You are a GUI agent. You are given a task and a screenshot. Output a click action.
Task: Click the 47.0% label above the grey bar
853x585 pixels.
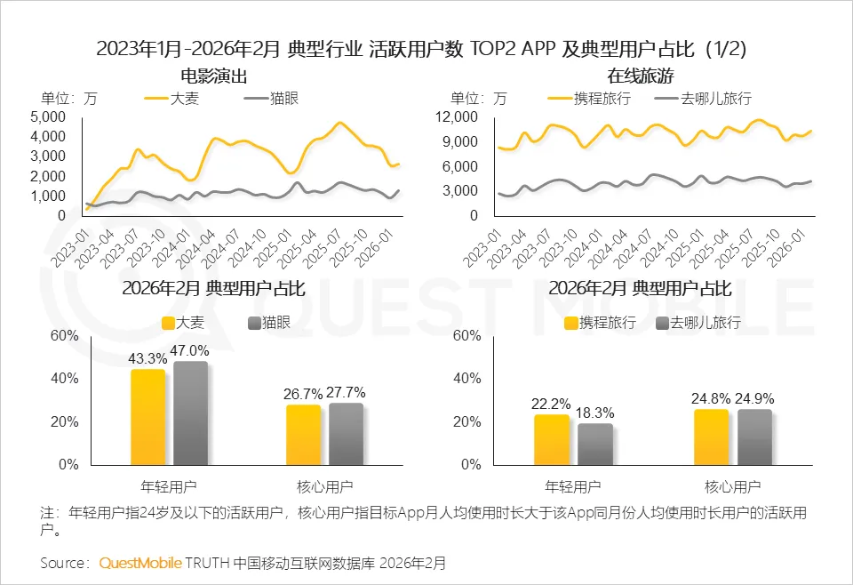[191, 350]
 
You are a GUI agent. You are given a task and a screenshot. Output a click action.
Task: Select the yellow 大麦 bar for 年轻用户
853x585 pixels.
[147, 416]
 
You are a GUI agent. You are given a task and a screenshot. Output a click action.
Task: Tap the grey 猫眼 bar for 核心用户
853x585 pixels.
[346, 433]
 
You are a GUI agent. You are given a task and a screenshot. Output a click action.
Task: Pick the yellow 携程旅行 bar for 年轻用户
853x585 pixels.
[552, 439]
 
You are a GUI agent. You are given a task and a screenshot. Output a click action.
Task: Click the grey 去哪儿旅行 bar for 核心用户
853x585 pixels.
[754, 436]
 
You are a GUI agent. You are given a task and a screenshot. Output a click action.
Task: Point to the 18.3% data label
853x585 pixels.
[595, 413]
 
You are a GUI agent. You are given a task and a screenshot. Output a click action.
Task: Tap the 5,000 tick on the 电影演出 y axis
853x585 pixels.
[48, 116]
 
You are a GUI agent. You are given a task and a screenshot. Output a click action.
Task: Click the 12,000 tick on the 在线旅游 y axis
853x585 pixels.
[458, 116]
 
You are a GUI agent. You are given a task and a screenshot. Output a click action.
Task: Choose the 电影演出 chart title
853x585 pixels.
[213, 76]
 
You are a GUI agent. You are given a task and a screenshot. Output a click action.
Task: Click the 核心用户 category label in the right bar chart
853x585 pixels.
[732, 486]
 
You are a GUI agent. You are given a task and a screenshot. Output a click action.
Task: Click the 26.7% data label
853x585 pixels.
[303, 393]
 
